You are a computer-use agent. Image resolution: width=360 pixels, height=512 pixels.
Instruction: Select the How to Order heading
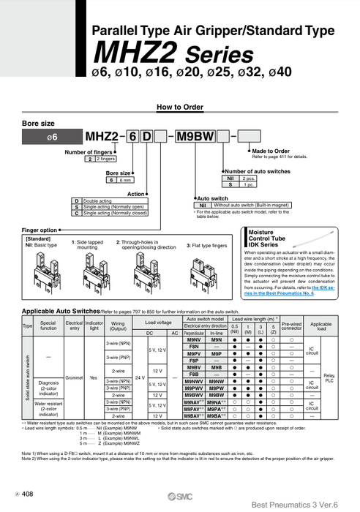pos(179,107)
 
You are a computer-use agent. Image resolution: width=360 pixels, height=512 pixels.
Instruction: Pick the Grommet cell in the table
pos(74,378)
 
